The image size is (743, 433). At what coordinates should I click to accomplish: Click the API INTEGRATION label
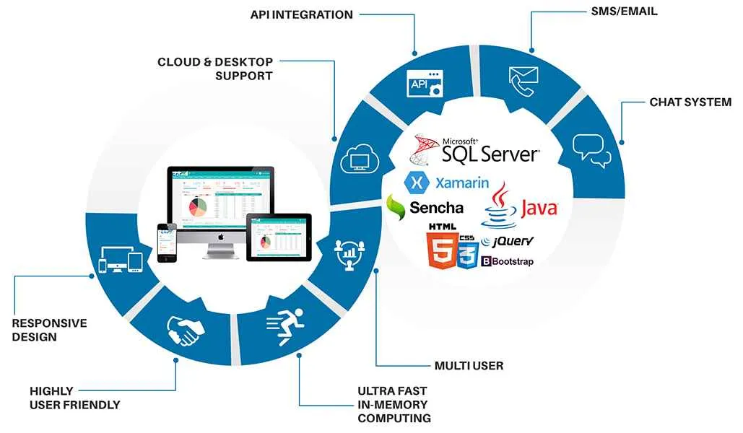coord(301,14)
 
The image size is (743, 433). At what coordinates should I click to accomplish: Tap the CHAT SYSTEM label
coord(690,102)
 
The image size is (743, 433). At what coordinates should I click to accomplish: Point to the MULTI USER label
coord(469,366)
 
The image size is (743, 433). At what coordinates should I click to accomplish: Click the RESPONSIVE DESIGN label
coord(49,330)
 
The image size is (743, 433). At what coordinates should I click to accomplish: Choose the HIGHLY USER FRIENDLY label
coord(74,398)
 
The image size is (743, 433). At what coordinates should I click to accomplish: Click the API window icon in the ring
coord(425,84)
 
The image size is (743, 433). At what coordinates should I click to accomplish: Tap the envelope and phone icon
coord(525,81)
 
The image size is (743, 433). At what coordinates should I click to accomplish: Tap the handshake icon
coord(186,331)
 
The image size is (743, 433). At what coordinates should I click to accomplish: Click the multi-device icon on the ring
coord(123,260)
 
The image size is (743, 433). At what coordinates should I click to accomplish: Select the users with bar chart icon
coord(348,254)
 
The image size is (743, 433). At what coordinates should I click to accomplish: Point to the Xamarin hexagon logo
coord(417,182)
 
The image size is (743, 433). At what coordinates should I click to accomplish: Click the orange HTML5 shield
coord(440,253)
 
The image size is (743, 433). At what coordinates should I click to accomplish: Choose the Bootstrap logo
coord(507,261)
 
